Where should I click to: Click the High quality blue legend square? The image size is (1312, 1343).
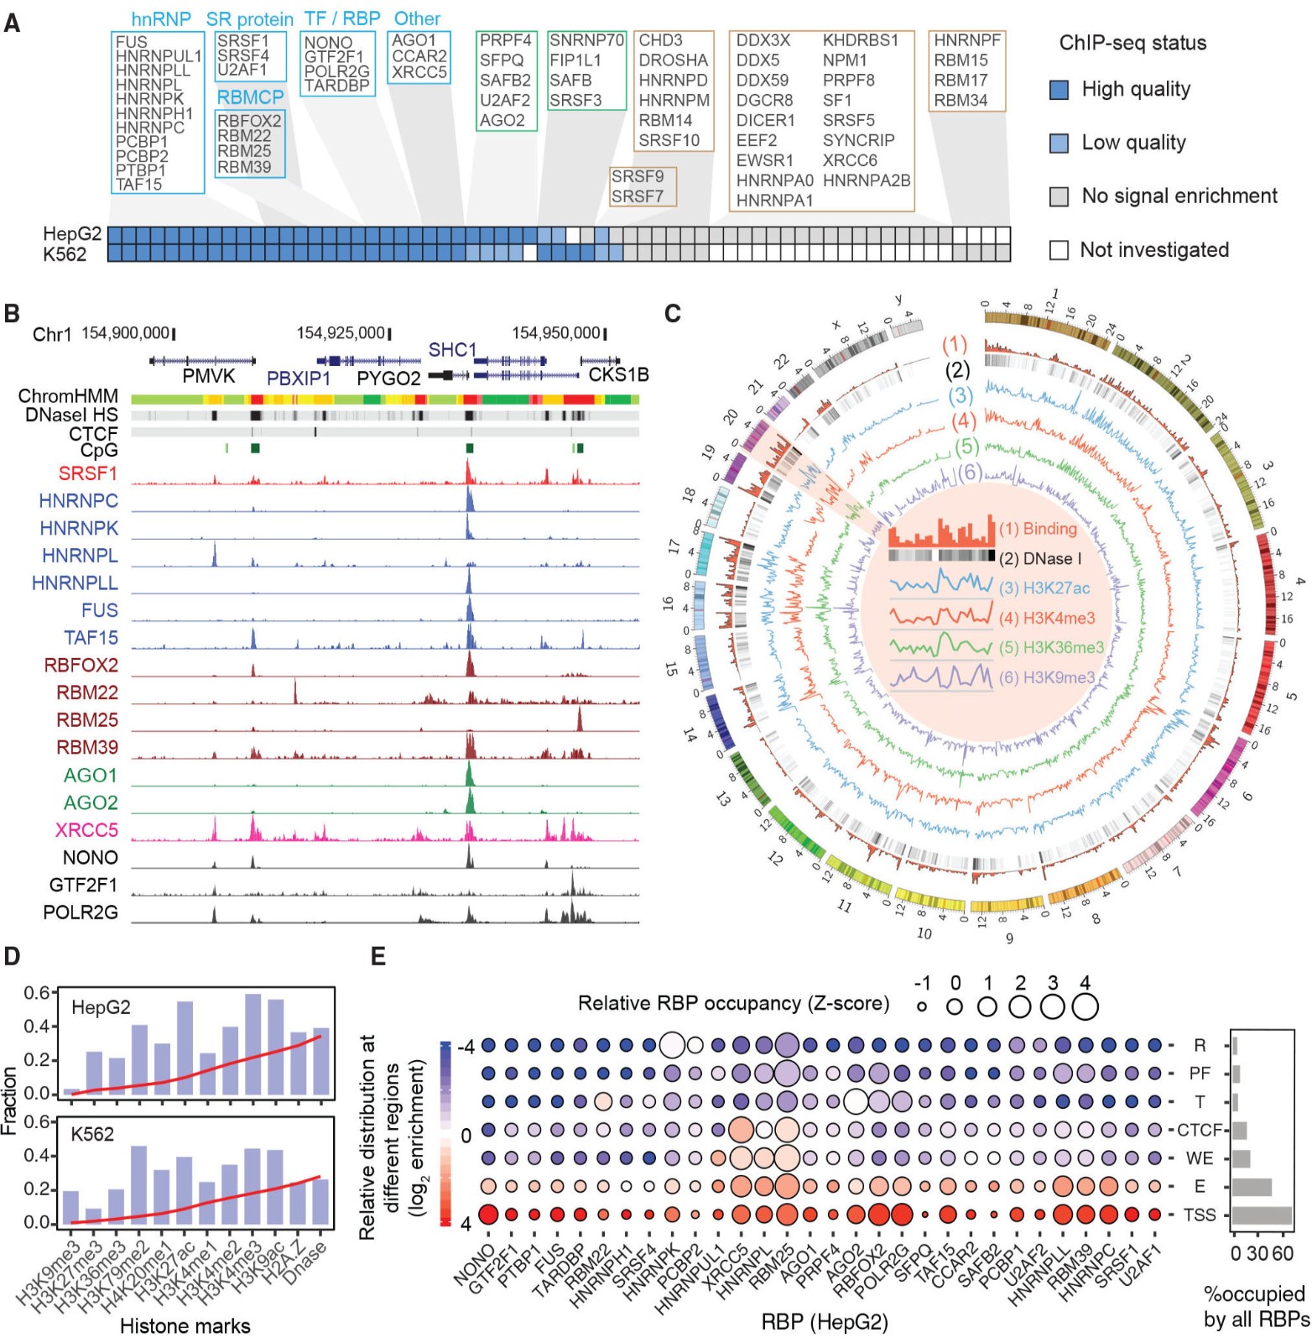(1059, 90)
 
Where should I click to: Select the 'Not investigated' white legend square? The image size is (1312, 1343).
(1059, 250)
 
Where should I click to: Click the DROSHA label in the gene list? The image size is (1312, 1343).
(673, 60)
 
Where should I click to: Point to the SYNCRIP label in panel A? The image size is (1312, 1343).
(858, 140)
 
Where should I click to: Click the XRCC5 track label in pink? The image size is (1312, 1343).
(86, 830)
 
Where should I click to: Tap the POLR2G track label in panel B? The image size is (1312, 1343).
(81, 912)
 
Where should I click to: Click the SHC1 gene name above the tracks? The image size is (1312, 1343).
(452, 350)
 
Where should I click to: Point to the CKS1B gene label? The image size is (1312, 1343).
(618, 375)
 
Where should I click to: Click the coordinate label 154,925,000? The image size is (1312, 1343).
(341, 333)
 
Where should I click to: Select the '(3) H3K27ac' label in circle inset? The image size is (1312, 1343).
(1044, 588)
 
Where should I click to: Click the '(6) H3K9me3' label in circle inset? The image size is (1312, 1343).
(1047, 677)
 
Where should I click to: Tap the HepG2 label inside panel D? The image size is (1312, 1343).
(101, 1007)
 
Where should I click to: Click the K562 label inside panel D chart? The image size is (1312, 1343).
(92, 1134)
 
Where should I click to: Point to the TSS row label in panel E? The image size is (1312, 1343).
(1200, 1215)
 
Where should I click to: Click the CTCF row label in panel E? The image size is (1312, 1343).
(1200, 1130)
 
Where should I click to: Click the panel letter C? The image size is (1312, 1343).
(672, 314)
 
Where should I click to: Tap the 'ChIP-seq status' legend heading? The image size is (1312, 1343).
(1132, 43)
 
